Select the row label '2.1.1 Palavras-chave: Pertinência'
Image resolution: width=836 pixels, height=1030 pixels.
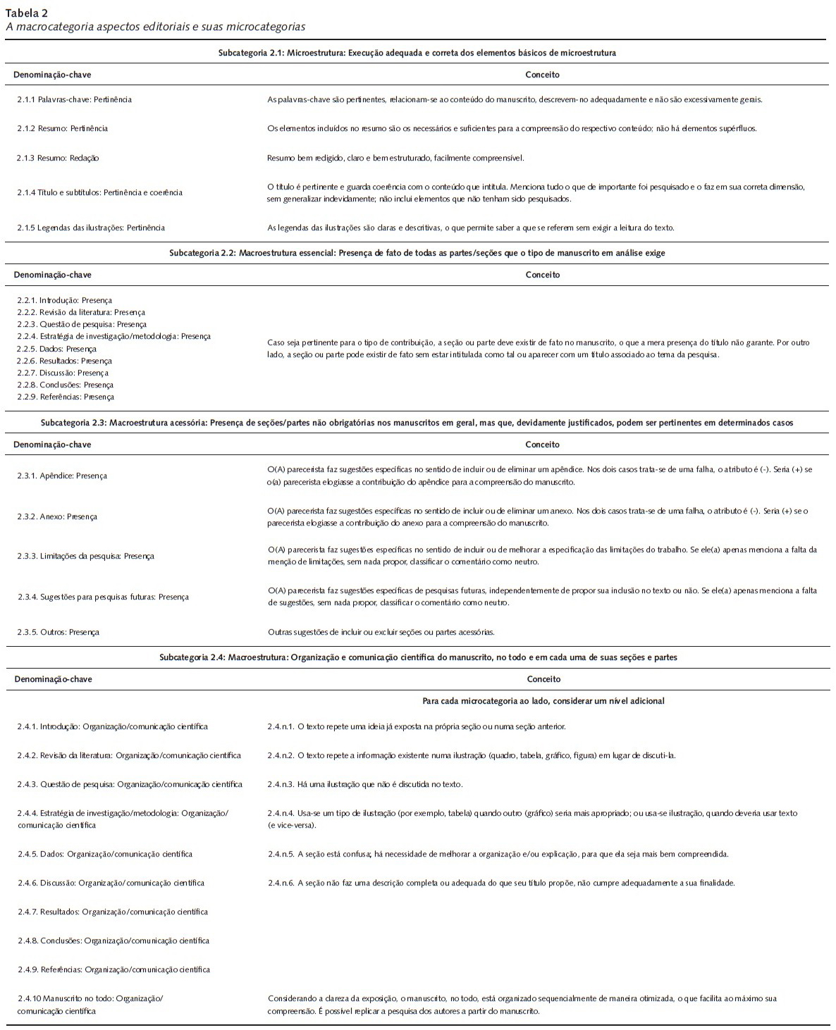pyautogui.click(x=74, y=99)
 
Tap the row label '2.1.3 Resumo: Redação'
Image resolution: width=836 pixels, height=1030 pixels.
pyautogui.click(x=58, y=158)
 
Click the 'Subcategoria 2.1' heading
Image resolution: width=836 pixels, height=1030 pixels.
pyautogui.click(x=417, y=53)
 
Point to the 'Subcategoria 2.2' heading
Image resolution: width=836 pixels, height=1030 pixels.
pyautogui.click(x=417, y=252)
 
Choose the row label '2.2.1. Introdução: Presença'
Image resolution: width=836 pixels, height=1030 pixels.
pyautogui.click(x=64, y=300)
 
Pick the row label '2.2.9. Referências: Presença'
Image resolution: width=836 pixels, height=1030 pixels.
pyautogui.click(x=66, y=397)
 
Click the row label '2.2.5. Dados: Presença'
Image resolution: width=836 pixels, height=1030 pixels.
pyautogui.click(x=57, y=349)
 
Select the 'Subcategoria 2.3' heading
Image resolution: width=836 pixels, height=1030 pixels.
pyautogui.click(x=417, y=423)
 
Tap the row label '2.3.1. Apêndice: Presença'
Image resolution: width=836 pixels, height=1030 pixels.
pyautogui.click(x=63, y=476)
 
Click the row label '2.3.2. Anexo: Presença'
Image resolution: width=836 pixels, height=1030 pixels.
pyautogui.click(x=58, y=516)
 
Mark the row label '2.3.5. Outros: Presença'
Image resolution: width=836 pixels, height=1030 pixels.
pyautogui.click(x=59, y=632)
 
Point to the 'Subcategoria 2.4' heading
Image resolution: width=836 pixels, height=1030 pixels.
pyautogui.click(x=417, y=657)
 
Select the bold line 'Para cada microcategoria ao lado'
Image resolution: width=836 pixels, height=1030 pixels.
pyautogui.click(x=543, y=701)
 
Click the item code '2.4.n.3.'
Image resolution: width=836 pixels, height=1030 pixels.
pyautogui.click(x=281, y=783)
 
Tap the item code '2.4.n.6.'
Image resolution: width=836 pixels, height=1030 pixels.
pyautogui.click(x=281, y=883)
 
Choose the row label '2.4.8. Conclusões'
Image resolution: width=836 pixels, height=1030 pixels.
pyautogui.click(x=113, y=941)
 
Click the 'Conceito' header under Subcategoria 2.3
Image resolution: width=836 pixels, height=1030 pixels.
pyautogui.click(x=543, y=445)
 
